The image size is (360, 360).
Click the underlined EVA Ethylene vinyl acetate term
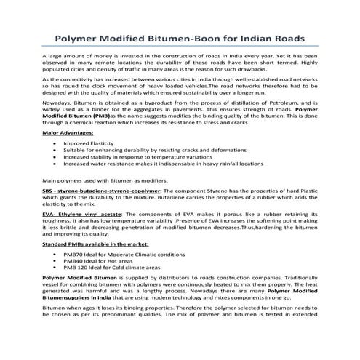tap(81, 215)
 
